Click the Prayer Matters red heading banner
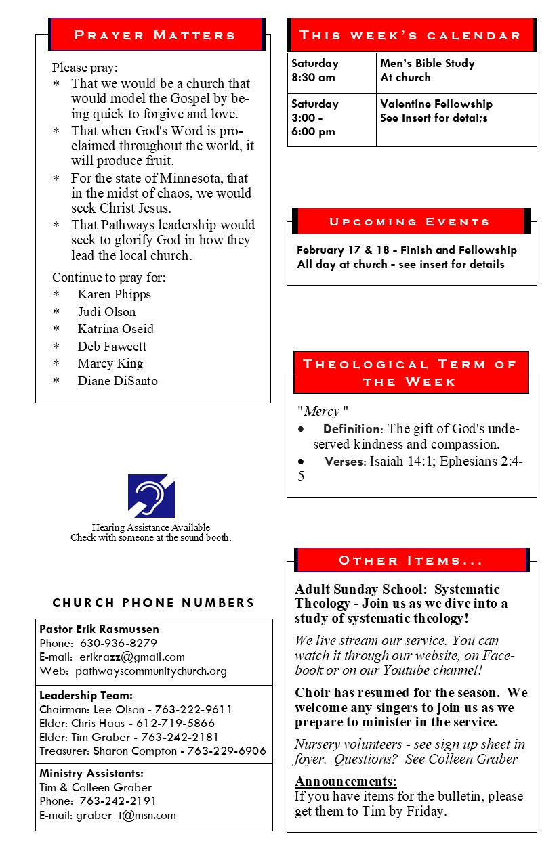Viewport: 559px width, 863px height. coord(155,35)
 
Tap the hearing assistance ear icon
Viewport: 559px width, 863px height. coord(151,495)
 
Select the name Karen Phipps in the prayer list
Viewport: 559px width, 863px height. coord(114,294)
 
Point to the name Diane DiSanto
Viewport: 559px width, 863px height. coord(117,380)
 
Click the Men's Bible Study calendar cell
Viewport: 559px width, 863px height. coord(428,70)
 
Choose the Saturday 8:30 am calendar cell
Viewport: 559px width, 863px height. coord(315,70)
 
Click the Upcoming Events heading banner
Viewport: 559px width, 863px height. coord(409,221)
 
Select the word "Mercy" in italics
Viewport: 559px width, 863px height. coord(321,412)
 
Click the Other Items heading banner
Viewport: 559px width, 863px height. coord(411,560)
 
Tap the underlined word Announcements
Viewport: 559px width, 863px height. coord(346,782)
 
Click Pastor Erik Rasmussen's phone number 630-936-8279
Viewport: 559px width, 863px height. coord(119,643)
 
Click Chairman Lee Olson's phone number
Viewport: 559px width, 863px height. coord(193,709)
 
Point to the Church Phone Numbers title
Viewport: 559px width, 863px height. coord(154,602)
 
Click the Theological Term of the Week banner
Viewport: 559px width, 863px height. coord(411,373)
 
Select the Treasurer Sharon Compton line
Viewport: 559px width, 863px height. coord(152,751)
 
